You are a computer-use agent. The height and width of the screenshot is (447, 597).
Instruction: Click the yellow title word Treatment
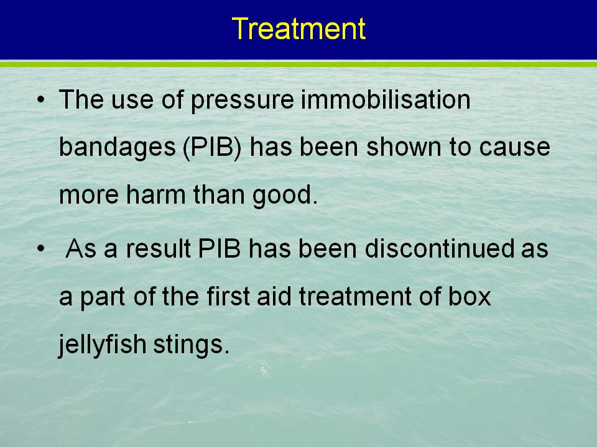click(x=298, y=29)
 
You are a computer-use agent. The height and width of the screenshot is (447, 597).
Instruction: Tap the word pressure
click(x=242, y=101)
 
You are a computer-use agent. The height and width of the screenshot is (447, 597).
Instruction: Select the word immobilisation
click(x=386, y=99)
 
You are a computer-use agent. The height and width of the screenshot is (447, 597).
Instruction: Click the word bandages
click(x=118, y=148)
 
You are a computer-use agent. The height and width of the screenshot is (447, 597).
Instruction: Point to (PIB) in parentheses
click(x=212, y=147)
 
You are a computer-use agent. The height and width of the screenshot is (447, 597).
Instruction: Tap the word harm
click(x=156, y=194)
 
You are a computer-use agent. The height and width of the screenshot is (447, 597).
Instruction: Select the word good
click(x=285, y=196)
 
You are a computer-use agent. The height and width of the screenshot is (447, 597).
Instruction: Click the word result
click(x=158, y=248)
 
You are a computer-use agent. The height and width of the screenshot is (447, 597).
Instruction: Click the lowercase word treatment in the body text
click(x=355, y=297)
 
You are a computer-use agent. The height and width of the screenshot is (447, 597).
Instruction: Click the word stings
click(x=192, y=345)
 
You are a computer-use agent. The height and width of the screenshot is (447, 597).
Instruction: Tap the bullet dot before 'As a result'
click(x=40, y=249)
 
